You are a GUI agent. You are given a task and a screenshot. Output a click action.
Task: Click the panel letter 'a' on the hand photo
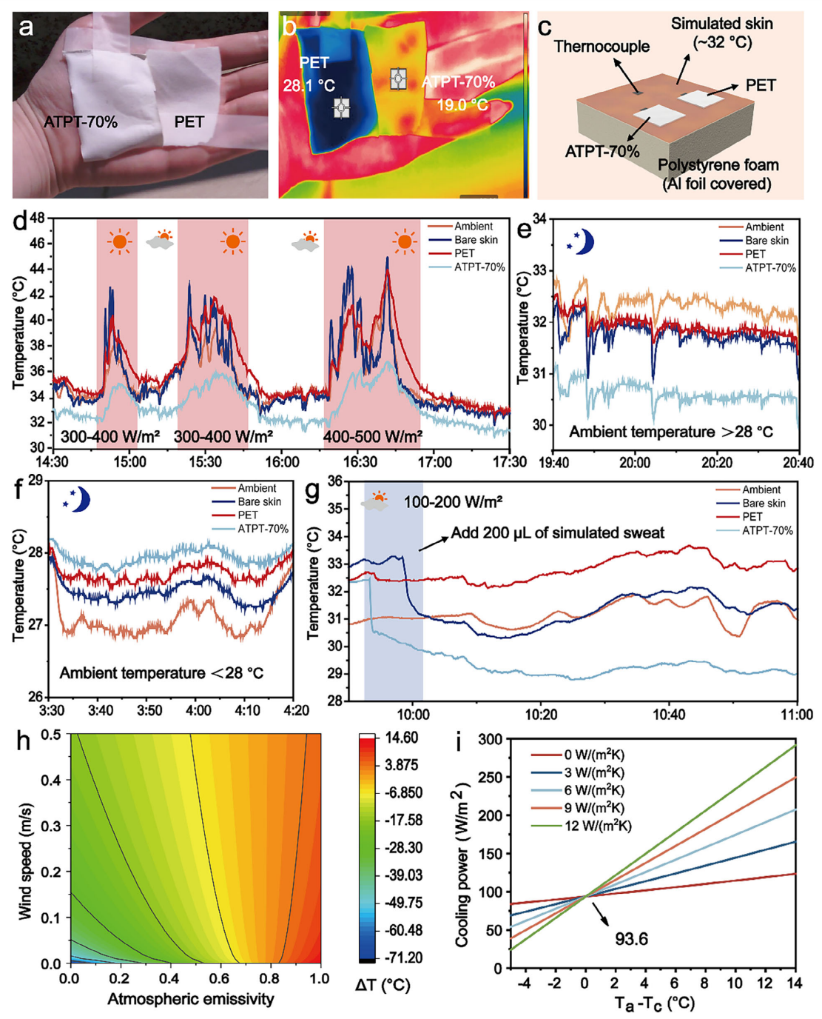tap(27, 28)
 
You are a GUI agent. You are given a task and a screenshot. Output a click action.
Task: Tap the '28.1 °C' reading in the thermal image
tap(309, 86)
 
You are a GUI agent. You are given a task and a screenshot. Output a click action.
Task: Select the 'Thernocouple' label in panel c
tap(601, 47)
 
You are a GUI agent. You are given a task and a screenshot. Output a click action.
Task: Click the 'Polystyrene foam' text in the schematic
tap(718, 165)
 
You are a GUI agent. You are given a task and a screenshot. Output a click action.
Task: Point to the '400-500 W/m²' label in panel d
tap(372, 437)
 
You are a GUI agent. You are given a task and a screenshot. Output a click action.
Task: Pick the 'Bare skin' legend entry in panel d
tap(476, 240)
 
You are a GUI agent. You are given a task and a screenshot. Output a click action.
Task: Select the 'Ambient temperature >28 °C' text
tap(670, 432)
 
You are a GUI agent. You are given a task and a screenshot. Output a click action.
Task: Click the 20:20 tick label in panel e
tap(716, 463)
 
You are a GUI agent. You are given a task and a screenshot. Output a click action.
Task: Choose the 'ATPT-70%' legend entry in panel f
tap(263, 529)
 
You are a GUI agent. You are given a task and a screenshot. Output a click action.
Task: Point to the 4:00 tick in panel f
tap(198, 710)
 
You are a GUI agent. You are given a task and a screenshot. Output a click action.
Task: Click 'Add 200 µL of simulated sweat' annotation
tap(557, 533)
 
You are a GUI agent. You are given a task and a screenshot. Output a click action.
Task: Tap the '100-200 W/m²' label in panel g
tap(452, 502)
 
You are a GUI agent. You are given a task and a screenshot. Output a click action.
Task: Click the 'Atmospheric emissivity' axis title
tap(191, 999)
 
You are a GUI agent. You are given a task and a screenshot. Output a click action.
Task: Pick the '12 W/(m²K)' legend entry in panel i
tap(598, 825)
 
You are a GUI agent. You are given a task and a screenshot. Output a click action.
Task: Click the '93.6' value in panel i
tap(631, 939)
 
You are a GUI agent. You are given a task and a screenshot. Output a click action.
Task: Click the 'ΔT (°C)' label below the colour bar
tap(383, 985)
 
